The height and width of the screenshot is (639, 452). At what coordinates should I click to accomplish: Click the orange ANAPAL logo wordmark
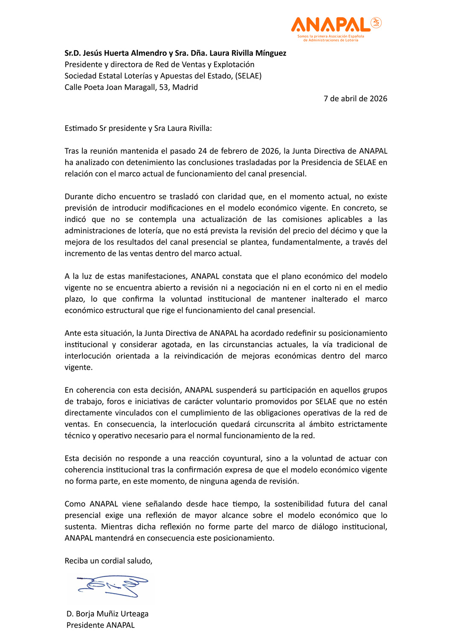(x=330, y=25)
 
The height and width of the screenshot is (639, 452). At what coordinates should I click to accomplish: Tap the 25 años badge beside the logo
(x=376, y=23)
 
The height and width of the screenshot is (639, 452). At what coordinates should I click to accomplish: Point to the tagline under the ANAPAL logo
(x=331, y=38)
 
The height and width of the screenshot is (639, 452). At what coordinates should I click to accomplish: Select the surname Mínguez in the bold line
(x=271, y=53)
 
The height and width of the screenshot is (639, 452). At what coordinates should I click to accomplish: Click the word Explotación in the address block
(x=234, y=65)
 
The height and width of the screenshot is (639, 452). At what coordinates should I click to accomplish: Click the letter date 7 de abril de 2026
(x=355, y=99)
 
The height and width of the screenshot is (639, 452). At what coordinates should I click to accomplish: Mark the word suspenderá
(x=236, y=390)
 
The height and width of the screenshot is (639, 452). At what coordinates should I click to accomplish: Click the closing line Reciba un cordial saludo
(x=108, y=561)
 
